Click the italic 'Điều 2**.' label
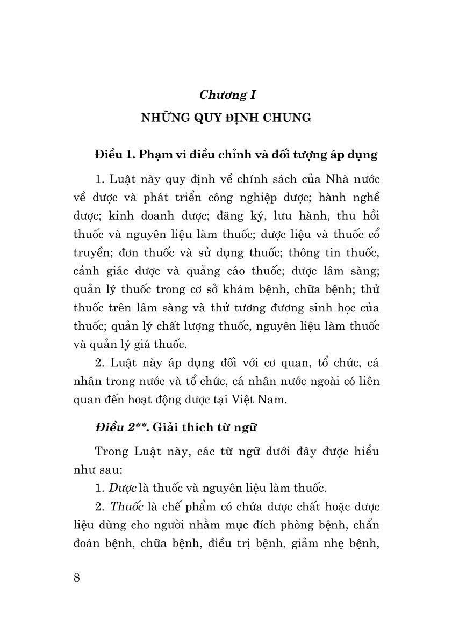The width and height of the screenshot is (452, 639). click(x=116, y=427)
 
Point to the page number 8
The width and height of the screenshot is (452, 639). click(x=76, y=578)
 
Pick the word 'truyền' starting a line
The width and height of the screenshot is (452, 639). click(x=90, y=256)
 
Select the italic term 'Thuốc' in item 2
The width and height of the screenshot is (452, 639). click(x=126, y=507)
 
